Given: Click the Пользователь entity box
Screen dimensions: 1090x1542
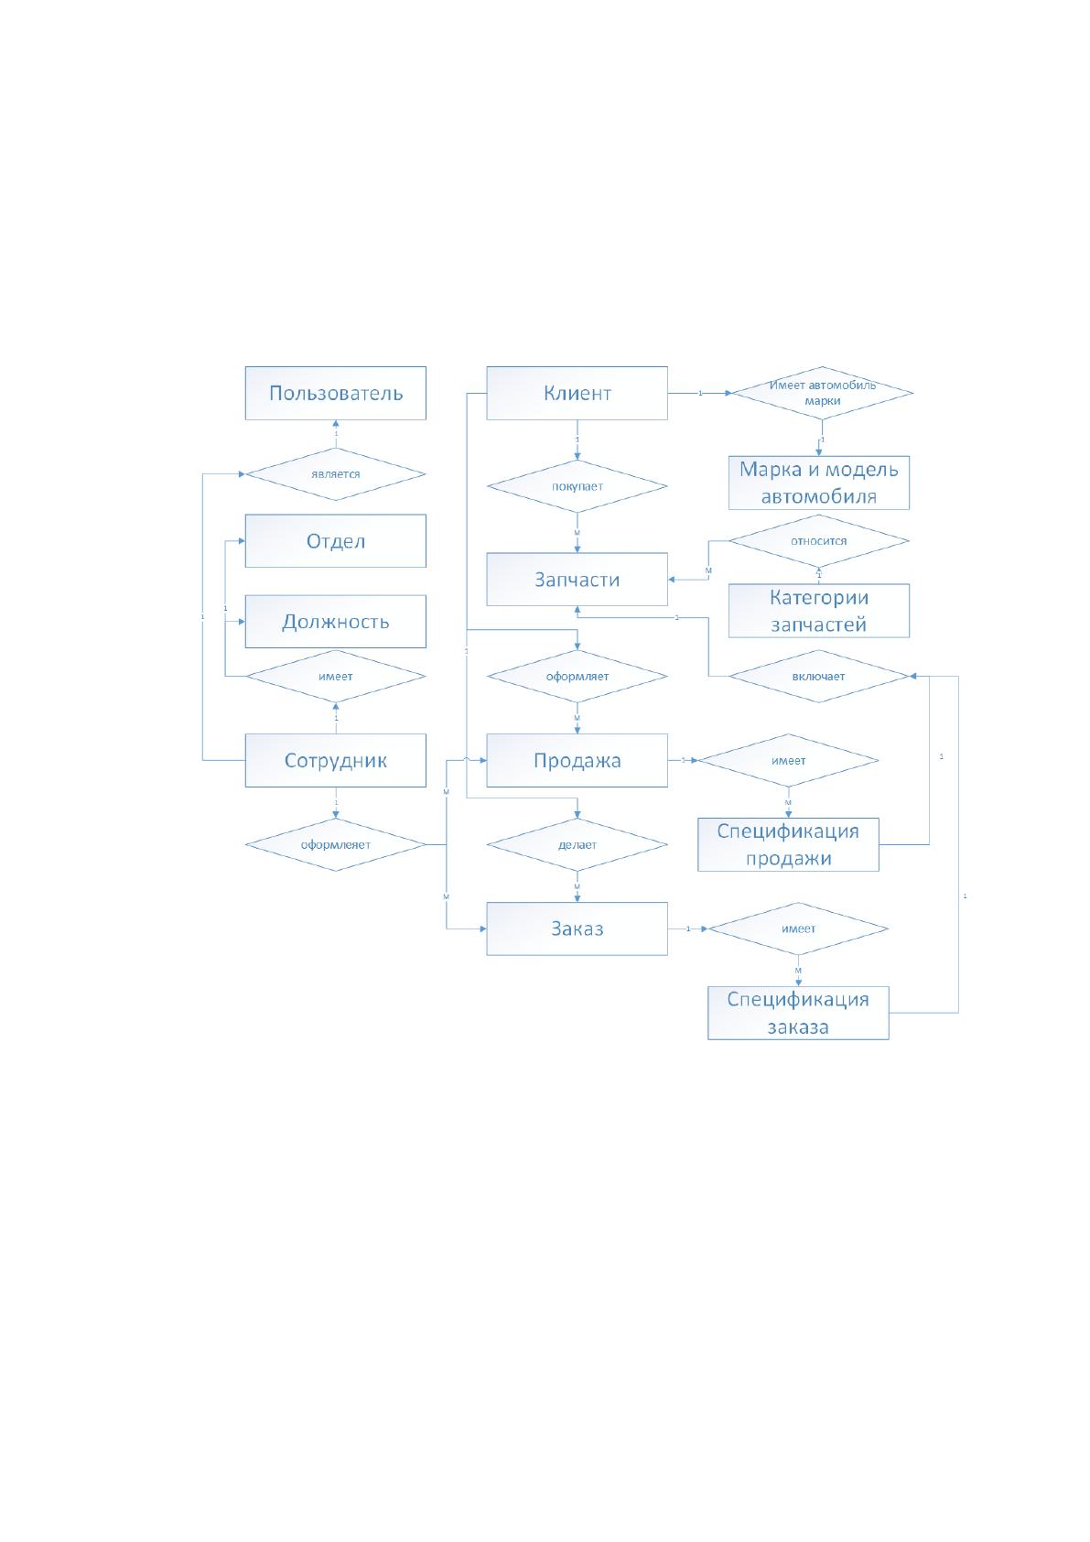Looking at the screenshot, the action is click(x=336, y=393).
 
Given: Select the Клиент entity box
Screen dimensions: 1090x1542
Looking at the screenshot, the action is click(x=577, y=393).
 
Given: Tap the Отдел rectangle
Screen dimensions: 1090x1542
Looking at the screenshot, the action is click(x=336, y=541).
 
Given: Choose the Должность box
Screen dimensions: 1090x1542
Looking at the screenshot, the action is click(x=336, y=622).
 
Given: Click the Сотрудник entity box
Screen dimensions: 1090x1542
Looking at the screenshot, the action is click(x=336, y=761).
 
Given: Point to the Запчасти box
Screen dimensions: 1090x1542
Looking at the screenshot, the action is click(x=577, y=580).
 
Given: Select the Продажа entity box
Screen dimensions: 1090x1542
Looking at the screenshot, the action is click(x=577, y=761).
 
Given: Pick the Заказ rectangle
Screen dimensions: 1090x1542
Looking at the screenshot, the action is click(x=577, y=928).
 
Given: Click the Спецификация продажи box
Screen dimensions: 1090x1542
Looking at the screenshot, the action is click(x=789, y=844).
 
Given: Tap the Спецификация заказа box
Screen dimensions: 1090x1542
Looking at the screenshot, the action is click(x=798, y=1013).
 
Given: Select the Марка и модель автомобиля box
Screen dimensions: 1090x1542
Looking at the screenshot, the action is click(x=819, y=483).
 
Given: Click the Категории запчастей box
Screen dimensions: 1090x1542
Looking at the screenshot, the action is click(x=819, y=611).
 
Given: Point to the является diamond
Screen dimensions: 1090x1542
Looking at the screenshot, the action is click(x=336, y=474).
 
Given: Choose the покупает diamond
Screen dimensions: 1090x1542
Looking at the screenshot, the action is click(x=577, y=486).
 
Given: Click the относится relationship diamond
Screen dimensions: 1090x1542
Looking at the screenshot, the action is click(x=819, y=541).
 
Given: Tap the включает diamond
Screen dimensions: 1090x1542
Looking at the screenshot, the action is click(x=819, y=676).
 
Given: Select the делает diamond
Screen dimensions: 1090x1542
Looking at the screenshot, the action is click(x=577, y=844).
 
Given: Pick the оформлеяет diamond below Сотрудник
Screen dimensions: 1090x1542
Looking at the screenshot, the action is click(x=336, y=844).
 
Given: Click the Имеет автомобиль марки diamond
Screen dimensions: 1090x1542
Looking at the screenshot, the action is click(x=823, y=393).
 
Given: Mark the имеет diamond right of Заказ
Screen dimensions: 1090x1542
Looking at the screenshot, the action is click(x=798, y=928).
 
